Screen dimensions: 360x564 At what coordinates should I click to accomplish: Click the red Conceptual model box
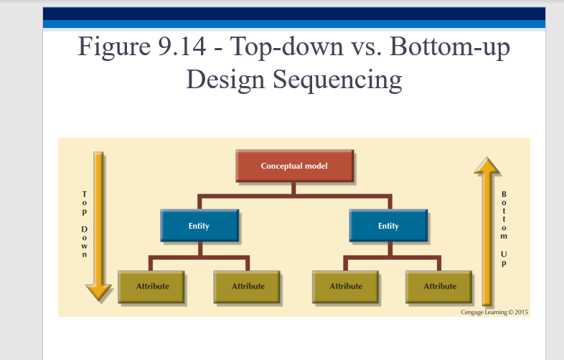294,166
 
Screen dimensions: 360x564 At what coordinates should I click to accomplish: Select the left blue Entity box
199,226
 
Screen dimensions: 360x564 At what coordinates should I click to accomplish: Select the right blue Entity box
388,226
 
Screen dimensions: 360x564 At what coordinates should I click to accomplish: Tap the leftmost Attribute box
153,286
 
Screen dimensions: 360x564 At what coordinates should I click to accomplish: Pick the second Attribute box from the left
248,286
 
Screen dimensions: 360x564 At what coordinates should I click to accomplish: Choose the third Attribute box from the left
346,286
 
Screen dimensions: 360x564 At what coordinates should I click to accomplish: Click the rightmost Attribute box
440,286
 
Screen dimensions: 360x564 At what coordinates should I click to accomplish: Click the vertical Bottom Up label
504,228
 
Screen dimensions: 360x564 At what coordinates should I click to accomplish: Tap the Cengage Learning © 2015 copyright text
494,312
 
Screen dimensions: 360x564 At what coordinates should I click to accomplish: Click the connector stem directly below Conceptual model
294,188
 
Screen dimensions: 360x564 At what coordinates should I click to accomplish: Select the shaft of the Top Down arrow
98,215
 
